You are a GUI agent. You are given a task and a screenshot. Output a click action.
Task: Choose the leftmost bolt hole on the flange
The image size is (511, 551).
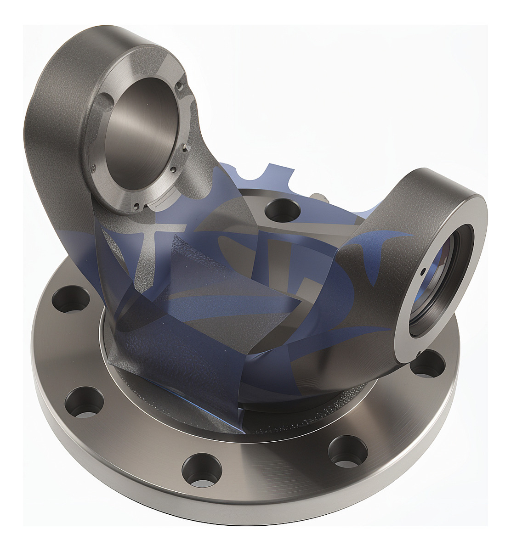click(x=72, y=300)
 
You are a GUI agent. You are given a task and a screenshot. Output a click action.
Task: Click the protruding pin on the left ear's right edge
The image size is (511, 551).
click(x=182, y=85)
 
